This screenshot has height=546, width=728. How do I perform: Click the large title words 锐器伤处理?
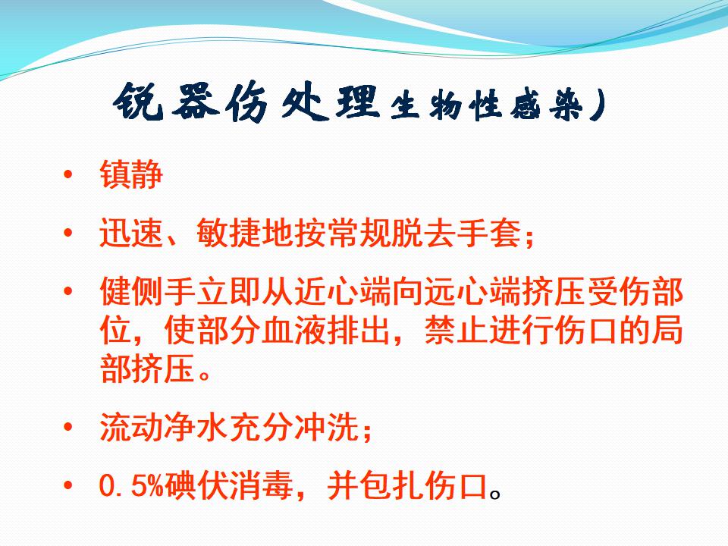[x=246, y=102]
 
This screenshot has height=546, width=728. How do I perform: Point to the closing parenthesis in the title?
[x=598, y=106]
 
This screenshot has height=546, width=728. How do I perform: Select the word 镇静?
[x=131, y=174]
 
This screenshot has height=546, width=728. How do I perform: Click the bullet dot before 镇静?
[x=68, y=174]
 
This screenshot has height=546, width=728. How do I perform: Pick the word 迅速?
[x=131, y=232]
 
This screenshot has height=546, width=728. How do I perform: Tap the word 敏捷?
[x=228, y=232]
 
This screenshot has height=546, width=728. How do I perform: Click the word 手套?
[x=488, y=232]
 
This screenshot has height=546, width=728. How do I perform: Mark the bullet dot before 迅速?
[x=68, y=232]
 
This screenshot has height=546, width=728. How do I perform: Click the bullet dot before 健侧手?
[x=68, y=291]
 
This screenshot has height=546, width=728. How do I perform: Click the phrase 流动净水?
[x=164, y=427]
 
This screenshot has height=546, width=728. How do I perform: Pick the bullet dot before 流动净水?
[x=68, y=427]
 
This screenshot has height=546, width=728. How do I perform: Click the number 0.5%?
[x=132, y=485]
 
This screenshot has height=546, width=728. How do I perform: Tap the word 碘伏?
[x=196, y=485]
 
